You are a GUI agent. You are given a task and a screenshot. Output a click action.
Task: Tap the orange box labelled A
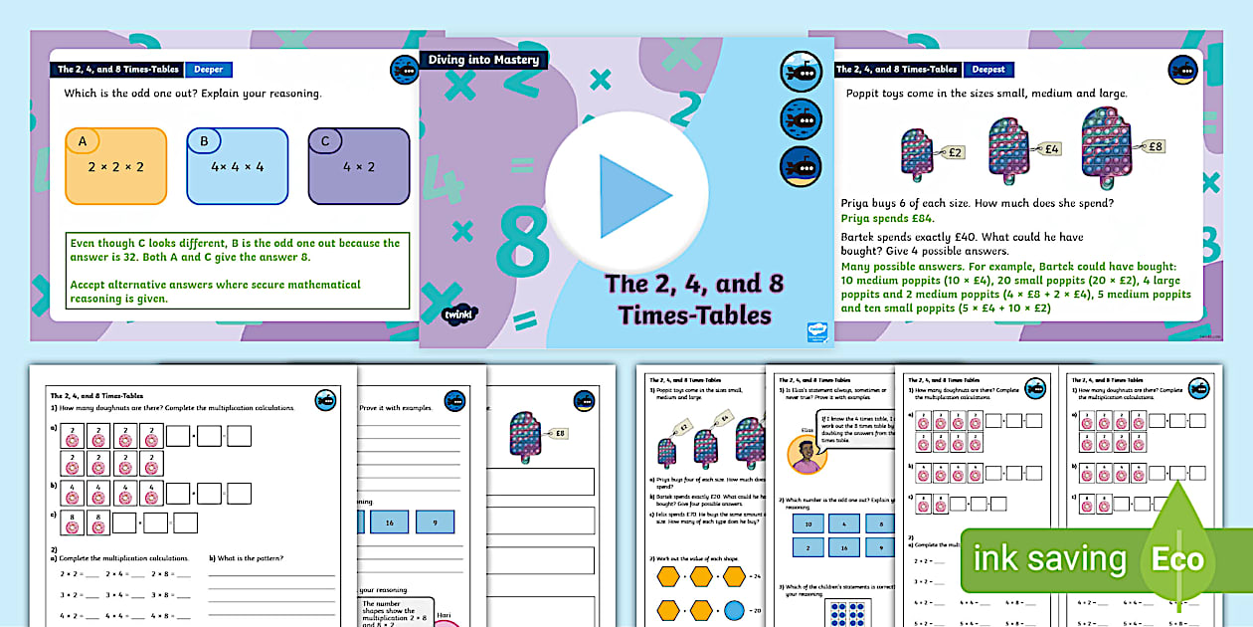click(x=116, y=165)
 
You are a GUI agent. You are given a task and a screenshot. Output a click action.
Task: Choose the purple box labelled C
click(x=358, y=165)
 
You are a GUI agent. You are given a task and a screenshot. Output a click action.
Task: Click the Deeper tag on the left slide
click(x=208, y=70)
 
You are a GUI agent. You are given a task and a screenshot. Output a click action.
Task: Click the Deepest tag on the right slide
click(x=988, y=70)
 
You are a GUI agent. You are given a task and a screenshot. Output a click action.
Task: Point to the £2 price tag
click(x=954, y=153)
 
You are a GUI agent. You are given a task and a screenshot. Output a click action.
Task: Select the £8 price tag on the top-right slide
click(x=1154, y=146)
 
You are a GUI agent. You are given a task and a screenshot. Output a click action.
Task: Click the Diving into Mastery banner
click(x=483, y=60)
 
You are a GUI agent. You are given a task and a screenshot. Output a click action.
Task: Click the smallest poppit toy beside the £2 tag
click(x=916, y=155)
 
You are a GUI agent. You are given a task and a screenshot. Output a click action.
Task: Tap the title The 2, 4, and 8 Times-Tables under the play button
click(x=694, y=299)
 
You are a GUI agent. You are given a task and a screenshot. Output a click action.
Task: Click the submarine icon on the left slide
click(x=404, y=71)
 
